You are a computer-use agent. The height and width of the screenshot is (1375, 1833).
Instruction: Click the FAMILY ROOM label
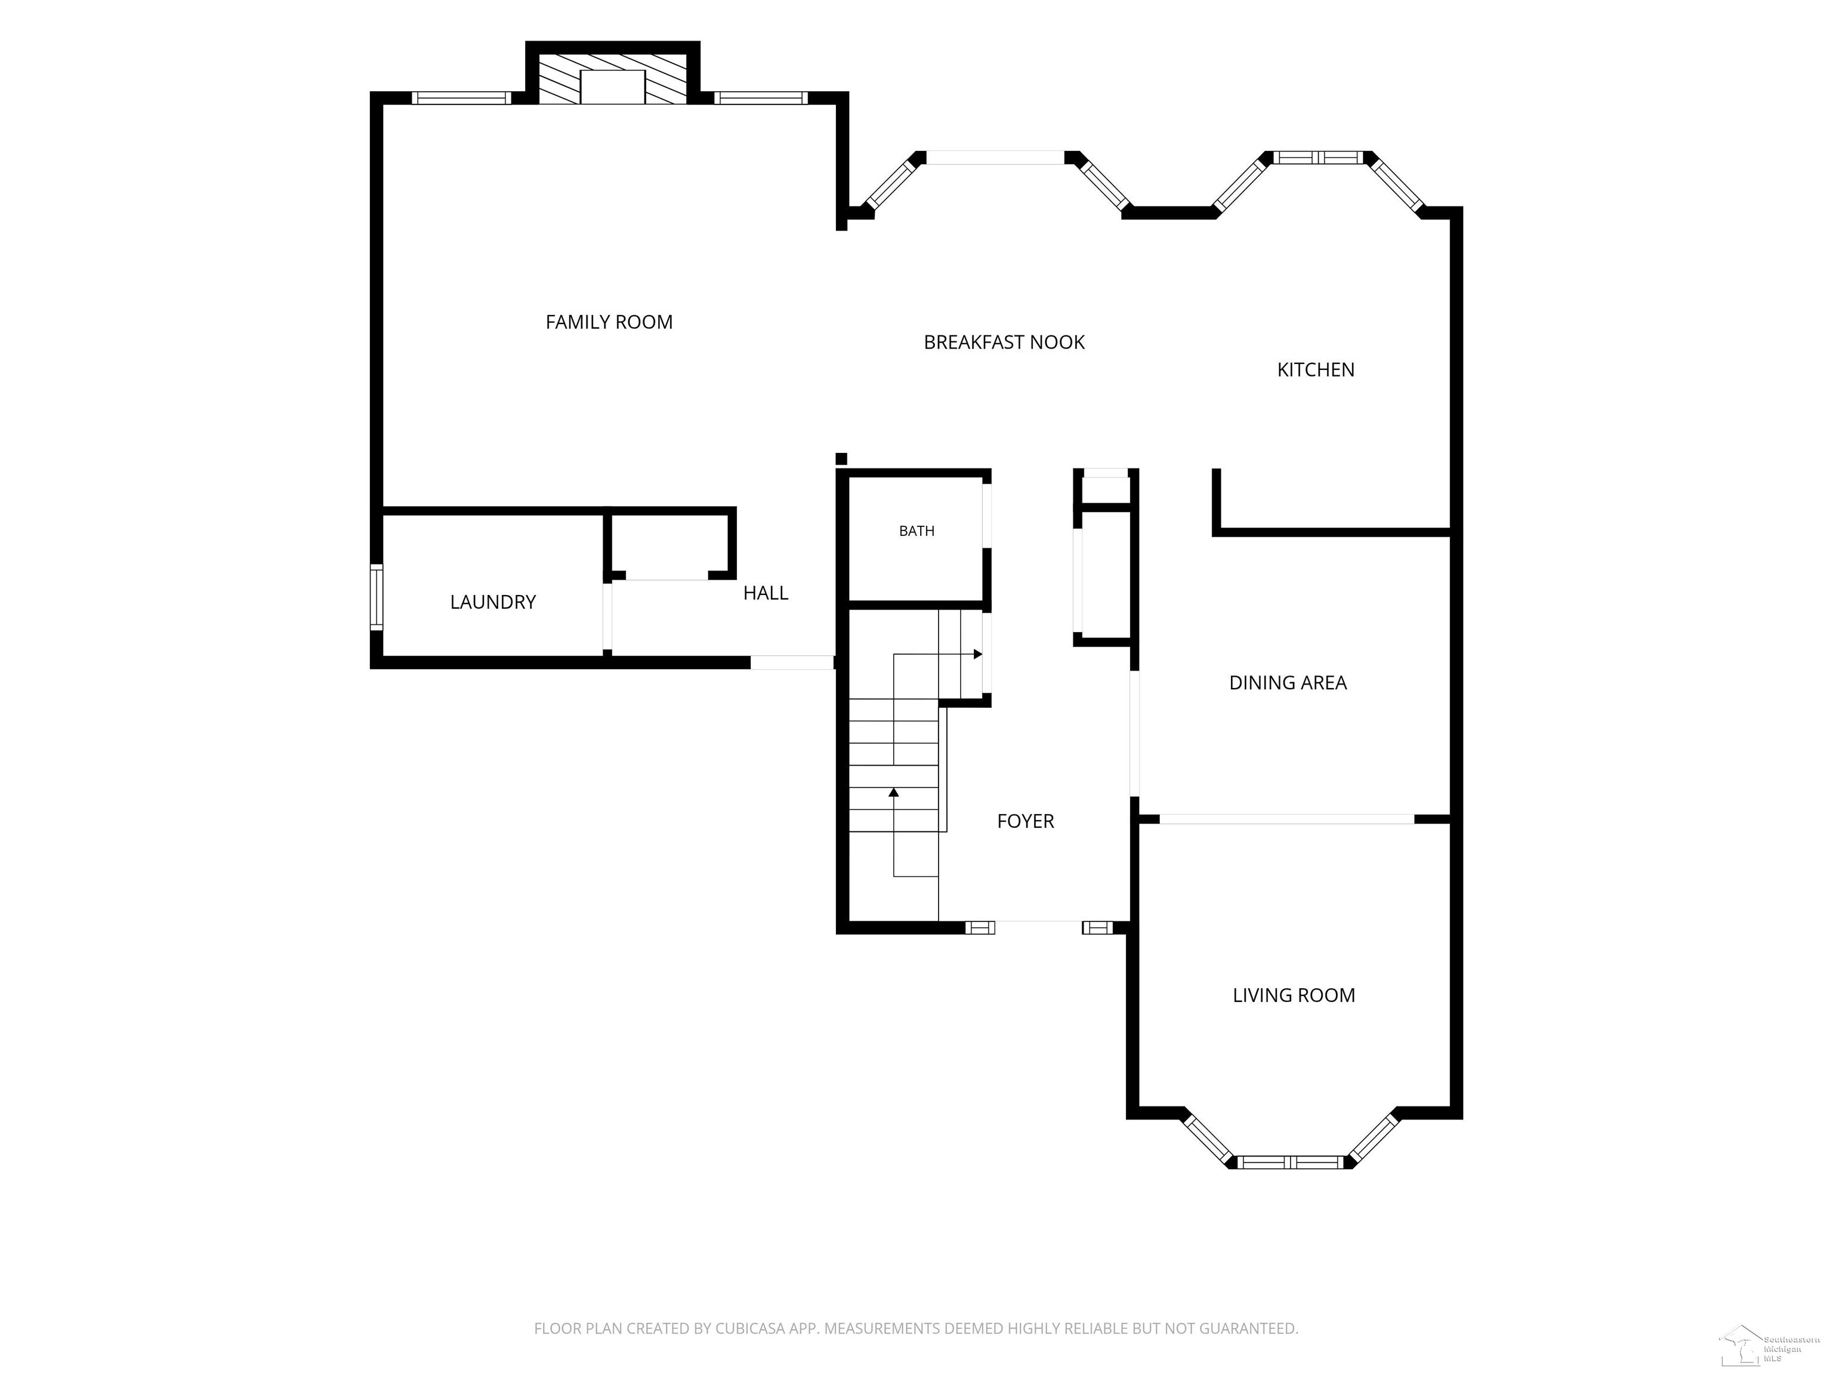coord(609,322)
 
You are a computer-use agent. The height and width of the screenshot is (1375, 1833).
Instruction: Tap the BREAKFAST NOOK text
coord(1004,343)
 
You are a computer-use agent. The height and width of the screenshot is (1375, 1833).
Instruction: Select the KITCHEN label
coord(1316,369)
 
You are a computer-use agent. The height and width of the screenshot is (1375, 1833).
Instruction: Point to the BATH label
coord(916,531)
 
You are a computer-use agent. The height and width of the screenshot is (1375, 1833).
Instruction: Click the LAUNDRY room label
coord(493,603)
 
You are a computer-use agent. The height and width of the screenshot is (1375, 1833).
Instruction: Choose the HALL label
coord(766,593)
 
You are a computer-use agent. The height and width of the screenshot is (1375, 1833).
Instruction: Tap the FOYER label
coord(1025,821)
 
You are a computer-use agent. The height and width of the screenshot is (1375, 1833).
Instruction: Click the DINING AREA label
coord(1288,683)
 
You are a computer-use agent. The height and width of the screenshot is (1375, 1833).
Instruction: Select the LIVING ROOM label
coord(1294,995)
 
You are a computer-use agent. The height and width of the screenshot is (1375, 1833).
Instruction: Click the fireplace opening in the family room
coord(612,87)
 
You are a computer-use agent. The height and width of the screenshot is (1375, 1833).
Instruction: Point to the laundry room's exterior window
coord(377,597)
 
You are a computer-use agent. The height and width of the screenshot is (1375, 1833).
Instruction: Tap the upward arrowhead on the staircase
coord(893,793)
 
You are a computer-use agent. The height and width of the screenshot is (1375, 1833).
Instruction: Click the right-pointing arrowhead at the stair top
coord(978,655)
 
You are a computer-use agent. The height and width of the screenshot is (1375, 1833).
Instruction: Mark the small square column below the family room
coord(841,459)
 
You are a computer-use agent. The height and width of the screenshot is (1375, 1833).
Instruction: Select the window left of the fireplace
coord(462,98)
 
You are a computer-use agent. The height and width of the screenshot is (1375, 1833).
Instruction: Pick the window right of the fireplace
coord(761,98)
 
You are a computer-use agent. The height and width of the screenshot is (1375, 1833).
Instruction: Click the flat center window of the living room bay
coord(1289,1162)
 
